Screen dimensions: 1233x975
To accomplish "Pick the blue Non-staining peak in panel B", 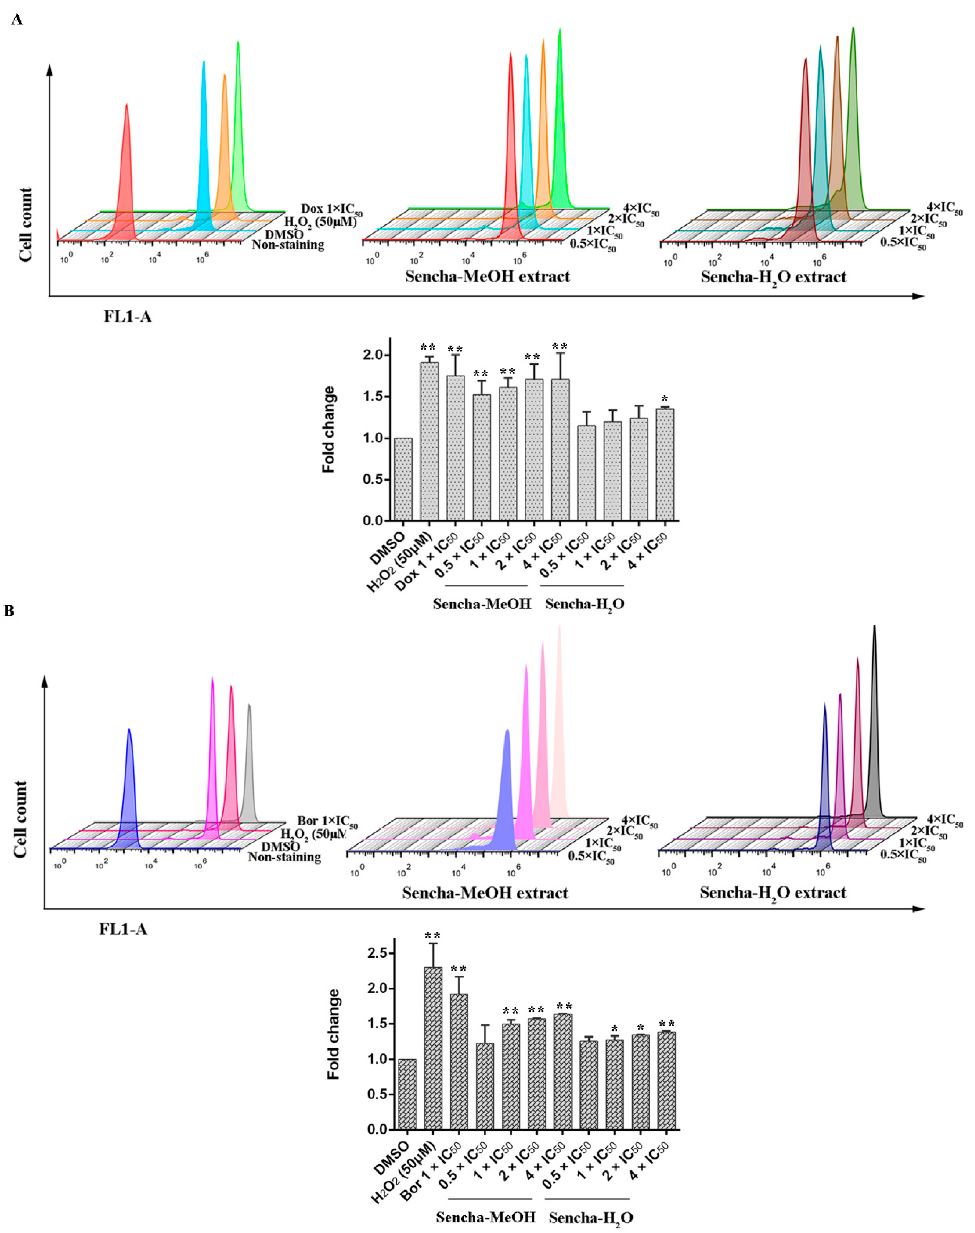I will click(129, 788).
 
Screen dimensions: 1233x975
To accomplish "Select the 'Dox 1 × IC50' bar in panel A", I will click(455, 448).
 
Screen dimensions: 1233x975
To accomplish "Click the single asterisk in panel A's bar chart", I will click(664, 399).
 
